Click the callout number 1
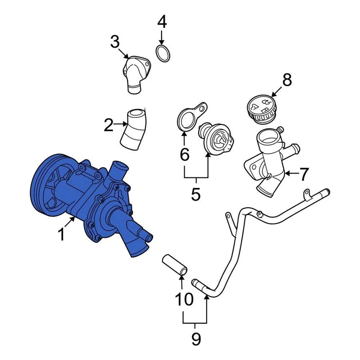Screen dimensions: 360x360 tap(61, 235)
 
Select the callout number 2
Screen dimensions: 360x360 tap(108, 125)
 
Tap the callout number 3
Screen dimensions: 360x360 tap(115, 42)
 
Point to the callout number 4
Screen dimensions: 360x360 tap(162, 22)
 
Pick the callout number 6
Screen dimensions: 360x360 tap(184, 154)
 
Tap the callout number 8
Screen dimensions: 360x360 tap(287, 80)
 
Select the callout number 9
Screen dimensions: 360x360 tap(196, 339)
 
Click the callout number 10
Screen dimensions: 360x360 tap(184, 299)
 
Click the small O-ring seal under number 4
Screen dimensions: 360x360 tap(162, 54)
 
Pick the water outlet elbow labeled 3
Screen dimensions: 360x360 tap(136, 73)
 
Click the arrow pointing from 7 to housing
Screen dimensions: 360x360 tap(291, 174)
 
